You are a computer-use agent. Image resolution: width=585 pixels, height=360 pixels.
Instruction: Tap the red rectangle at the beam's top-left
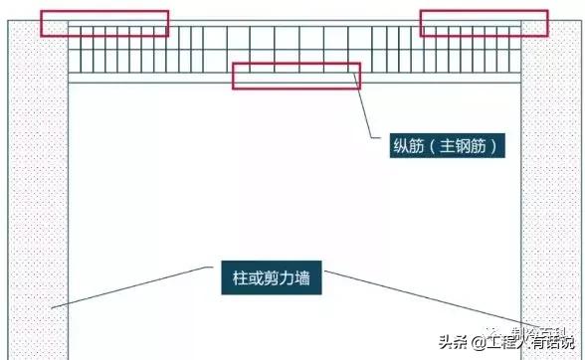coord(103,24)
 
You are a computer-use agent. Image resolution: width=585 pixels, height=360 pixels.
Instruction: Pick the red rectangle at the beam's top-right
coord(484,24)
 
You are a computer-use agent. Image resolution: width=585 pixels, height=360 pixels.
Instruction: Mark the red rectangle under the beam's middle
coord(295,76)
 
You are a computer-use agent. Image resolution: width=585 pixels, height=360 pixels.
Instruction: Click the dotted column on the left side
coord(38,199)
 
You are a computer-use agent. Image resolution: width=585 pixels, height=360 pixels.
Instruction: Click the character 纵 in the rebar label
coord(402,147)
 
